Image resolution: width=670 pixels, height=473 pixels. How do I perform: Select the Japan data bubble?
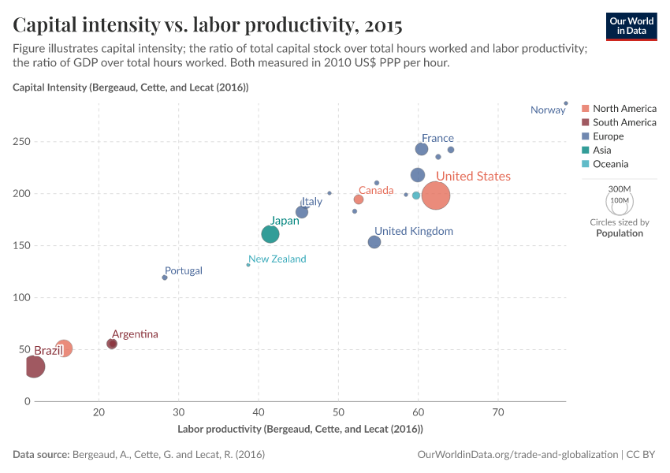270,234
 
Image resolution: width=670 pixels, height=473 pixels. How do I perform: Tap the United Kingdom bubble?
374,242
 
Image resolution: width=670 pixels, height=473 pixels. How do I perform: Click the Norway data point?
566,103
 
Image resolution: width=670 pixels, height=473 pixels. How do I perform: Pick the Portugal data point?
165,277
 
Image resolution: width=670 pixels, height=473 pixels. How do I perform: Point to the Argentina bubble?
112,344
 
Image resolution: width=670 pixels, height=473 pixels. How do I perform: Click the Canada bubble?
359,199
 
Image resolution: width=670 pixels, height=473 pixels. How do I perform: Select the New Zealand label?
277,259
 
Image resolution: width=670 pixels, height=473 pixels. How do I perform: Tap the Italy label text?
311,202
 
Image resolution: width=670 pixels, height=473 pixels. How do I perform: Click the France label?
437,138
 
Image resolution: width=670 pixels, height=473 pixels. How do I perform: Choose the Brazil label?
48,350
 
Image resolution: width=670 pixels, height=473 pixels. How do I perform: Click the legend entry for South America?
624,122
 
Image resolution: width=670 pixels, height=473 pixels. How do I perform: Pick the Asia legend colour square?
585,151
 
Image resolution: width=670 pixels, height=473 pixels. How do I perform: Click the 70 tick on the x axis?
498,412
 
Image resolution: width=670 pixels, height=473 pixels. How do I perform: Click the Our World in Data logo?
631,25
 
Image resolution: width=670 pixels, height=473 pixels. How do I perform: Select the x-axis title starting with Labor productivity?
300,429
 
